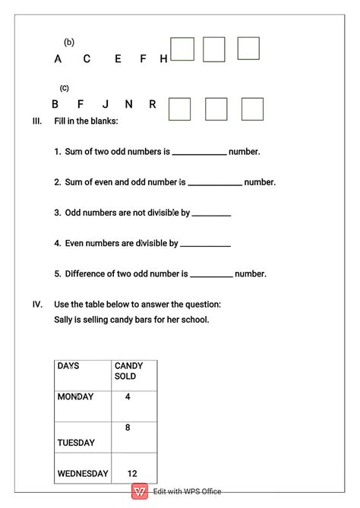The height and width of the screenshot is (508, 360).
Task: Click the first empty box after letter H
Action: [182, 49]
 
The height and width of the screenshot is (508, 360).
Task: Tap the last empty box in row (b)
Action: [248, 49]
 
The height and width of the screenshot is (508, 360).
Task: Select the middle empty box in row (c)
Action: [216, 109]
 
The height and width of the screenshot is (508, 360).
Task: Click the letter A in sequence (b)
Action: [58, 59]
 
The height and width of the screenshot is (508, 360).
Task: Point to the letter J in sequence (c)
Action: [106, 104]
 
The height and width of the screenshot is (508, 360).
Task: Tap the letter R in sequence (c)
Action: [153, 104]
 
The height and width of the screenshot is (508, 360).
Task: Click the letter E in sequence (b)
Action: [118, 59]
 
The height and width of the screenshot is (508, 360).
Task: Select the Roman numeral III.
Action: [37, 121]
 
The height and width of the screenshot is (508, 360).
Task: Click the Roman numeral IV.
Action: [37, 304]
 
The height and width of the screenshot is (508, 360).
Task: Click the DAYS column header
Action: [68, 366]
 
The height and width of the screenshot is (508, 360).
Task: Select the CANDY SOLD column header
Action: [128, 371]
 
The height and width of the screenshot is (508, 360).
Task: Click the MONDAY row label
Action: [75, 396]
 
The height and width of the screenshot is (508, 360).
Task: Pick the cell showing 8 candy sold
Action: [128, 428]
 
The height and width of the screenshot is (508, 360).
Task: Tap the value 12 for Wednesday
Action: [132, 473]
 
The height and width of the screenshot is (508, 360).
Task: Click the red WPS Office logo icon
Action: [140, 492]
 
